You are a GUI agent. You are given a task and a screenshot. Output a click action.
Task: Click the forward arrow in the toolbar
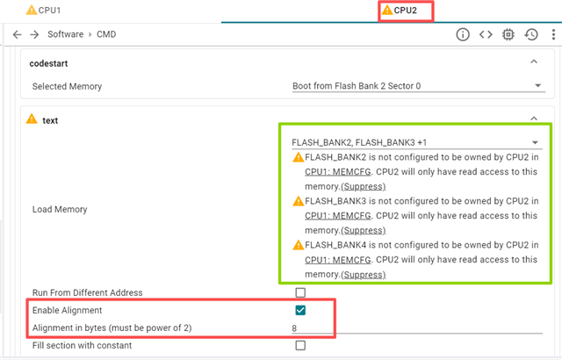[34, 34]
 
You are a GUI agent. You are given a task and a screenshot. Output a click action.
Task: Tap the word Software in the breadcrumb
[65, 34]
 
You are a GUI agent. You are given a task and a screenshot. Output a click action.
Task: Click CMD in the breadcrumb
[106, 34]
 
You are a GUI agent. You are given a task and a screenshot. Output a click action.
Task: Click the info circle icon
[463, 34]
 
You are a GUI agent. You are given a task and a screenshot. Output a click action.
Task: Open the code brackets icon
[485, 34]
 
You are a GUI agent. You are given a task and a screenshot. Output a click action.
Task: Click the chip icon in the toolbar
[508, 34]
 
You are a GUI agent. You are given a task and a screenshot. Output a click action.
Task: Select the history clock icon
[531, 34]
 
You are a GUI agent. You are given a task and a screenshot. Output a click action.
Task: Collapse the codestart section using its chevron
[534, 62]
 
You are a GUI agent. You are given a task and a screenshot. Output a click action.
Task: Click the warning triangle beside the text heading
[32, 119]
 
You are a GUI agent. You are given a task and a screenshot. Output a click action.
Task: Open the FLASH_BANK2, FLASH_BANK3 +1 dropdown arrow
[535, 141]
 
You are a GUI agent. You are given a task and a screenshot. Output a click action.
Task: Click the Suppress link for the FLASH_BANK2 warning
[362, 186]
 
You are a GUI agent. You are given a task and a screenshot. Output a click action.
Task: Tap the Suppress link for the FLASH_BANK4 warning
[362, 274]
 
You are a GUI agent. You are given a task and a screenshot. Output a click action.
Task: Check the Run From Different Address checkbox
[300, 292]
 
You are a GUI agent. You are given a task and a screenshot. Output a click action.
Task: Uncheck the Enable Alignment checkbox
[300, 310]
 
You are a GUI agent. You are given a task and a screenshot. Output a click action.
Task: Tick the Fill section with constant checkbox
[300, 345]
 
